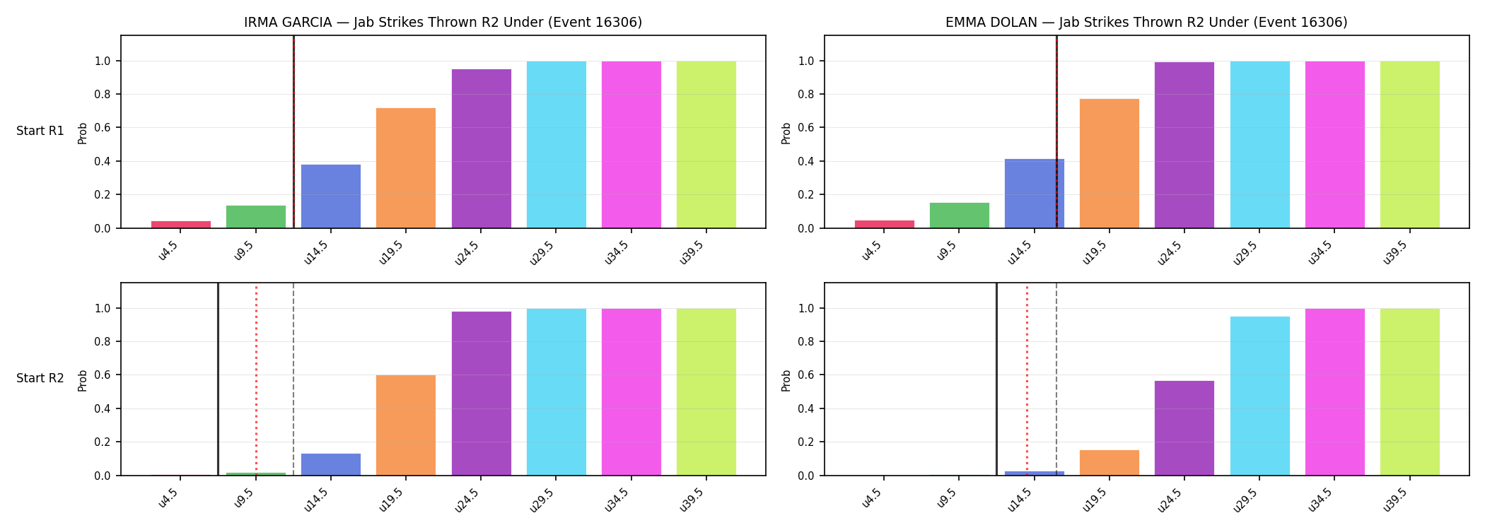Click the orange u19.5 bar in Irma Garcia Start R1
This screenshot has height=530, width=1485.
tap(406, 168)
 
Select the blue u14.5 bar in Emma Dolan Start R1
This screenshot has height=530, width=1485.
tap(1035, 194)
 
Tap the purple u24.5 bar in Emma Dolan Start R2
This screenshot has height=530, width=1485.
tap(1184, 428)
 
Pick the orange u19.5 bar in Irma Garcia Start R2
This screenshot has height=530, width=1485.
tap(406, 425)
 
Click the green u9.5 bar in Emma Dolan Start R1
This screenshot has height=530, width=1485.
tap(960, 216)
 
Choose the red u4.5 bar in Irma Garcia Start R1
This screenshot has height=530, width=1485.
tap(181, 225)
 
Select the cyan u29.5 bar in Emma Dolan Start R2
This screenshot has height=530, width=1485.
tap(1259, 396)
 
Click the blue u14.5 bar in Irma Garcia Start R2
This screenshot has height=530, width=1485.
tap(331, 464)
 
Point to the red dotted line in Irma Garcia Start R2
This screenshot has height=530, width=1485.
tap(256, 379)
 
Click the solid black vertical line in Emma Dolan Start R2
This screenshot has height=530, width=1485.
tap(996, 379)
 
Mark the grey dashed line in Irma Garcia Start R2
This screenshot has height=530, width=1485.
tap(293, 379)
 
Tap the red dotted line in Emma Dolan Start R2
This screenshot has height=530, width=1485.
tap(1027, 379)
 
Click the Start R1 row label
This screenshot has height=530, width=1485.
tap(40, 131)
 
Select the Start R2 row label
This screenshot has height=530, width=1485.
tap(40, 379)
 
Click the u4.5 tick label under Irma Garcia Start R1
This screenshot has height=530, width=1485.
tap(168, 250)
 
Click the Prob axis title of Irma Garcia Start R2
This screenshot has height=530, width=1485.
tap(83, 380)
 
